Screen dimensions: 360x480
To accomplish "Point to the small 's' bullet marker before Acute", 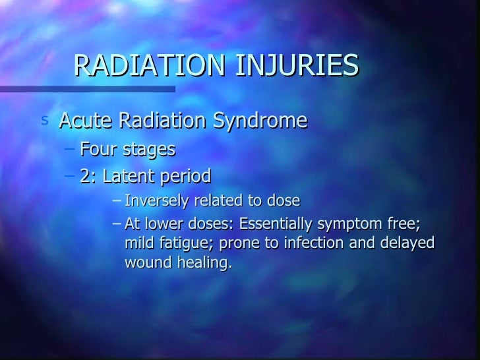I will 44,121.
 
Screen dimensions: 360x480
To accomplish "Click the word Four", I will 100,150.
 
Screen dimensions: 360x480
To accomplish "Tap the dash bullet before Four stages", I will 71,150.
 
